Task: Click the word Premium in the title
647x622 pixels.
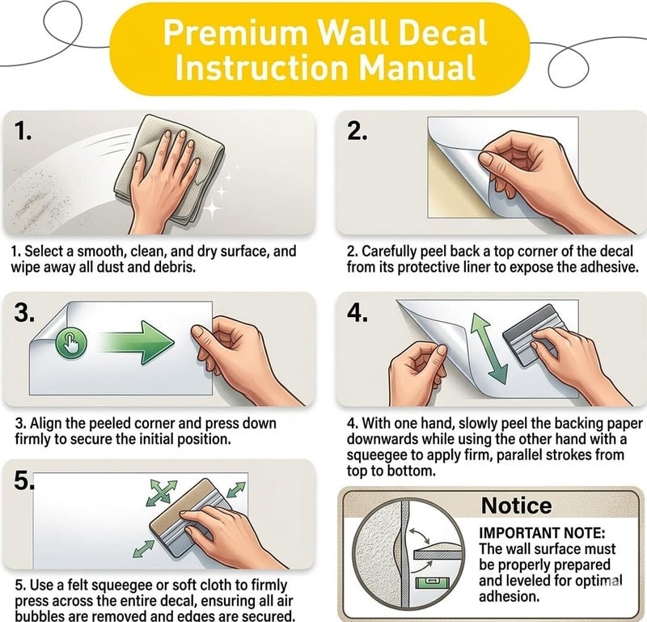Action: [235, 33]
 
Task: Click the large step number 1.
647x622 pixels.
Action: [23, 131]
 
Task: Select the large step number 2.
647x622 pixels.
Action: [357, 131]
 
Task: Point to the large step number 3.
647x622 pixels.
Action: [24, 312]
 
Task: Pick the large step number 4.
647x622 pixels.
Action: [357, 312]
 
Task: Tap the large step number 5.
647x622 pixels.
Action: [24, 480]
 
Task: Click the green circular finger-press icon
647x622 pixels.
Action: [71, 343]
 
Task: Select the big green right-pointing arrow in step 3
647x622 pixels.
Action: [137, 342]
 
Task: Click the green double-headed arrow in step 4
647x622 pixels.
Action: [489, 349]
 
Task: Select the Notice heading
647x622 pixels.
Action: [516, 506]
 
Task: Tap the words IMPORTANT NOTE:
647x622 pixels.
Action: [542, 533]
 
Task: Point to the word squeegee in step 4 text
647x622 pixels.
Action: [379, 455]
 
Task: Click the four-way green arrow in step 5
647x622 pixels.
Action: [162, 493]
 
